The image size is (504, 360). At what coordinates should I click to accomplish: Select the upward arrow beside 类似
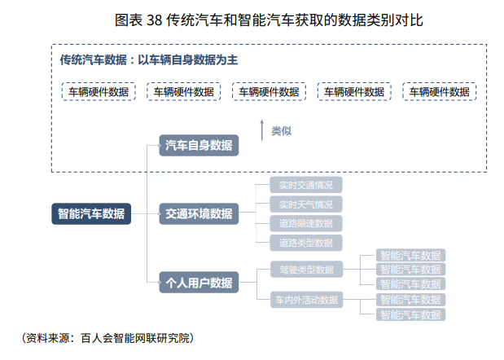[x=262, y=130]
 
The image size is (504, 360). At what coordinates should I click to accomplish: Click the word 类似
[x=281, y=130]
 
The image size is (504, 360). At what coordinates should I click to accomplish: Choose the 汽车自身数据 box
[x=199, y=147]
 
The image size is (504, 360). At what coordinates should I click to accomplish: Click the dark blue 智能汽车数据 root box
[x=91, y=214]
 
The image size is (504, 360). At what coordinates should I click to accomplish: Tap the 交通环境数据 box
[x=199, y=214]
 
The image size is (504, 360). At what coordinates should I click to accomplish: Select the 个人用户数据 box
[x=199, y=283]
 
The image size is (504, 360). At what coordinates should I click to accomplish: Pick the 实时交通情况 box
[x=305, y=185]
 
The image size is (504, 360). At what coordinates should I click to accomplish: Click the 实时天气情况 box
[x=305, y=204]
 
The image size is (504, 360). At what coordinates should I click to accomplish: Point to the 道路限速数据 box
[x=305, y=223]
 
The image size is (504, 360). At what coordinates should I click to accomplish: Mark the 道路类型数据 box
[x=305, y=243]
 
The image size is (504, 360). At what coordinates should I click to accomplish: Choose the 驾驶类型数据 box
[x=305, y=270]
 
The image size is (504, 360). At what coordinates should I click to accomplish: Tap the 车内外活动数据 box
[x=305, y=300]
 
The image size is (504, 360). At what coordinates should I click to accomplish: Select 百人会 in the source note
[x=94, y=337]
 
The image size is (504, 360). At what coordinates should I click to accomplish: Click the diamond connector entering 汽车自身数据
[x=158, y=147]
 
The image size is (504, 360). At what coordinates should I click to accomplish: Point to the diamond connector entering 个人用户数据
[x=158, y=283]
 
